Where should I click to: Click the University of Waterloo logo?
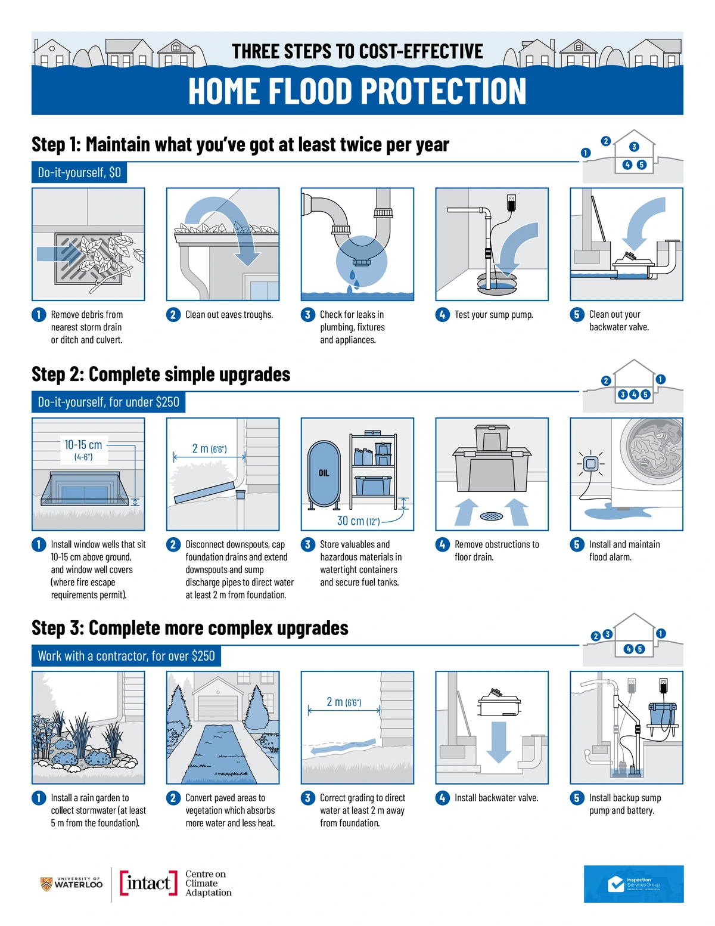click(71, 884)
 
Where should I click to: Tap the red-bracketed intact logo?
click(148, 882)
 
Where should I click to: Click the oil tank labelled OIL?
click(324, 474)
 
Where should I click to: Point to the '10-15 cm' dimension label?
click(83, 445)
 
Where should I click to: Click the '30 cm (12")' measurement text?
click(358, 521)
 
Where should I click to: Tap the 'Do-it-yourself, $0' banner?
click(79, 172)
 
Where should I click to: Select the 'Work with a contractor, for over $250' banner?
click(126, 656)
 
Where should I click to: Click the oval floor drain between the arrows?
click(492, 516)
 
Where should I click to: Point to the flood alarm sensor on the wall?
click(590, 464)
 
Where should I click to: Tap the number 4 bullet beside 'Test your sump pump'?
click(443, 315)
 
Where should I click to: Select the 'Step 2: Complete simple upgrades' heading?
click(161, 374)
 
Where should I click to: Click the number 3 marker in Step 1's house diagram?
click(634, 147)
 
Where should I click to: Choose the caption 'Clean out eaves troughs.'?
click(229, 315)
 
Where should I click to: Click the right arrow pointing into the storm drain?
click(59, 254)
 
